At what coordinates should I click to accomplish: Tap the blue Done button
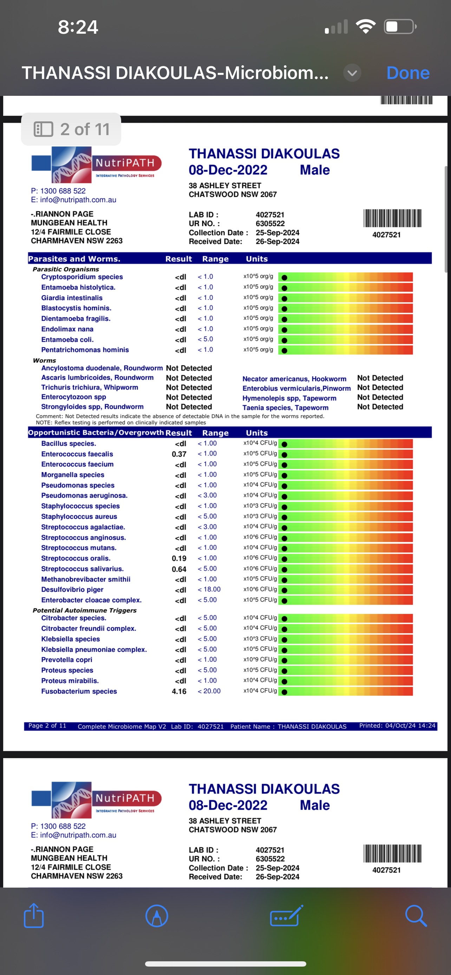407,73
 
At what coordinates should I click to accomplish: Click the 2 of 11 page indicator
72,130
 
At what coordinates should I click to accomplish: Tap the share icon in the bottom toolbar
34,916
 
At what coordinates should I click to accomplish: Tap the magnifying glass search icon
416,916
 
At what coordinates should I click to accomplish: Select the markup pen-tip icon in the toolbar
156,916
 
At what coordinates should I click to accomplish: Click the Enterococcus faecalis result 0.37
179,454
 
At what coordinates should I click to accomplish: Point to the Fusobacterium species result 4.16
179,691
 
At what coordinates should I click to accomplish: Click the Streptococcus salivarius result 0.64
179,569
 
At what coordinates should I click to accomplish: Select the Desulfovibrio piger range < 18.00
209,589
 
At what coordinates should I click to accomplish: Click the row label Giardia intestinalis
72,298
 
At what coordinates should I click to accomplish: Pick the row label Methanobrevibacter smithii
86,579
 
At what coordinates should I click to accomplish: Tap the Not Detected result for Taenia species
380,407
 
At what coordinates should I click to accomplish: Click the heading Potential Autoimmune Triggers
84,610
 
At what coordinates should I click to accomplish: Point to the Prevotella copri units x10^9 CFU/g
260,659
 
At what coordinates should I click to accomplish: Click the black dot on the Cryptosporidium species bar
285,277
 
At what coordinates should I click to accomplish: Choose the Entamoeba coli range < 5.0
205,339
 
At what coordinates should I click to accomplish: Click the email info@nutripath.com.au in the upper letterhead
73,200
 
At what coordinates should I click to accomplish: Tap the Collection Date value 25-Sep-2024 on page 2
277,232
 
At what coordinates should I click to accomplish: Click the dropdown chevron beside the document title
352,73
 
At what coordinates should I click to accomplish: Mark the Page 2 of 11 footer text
47,725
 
